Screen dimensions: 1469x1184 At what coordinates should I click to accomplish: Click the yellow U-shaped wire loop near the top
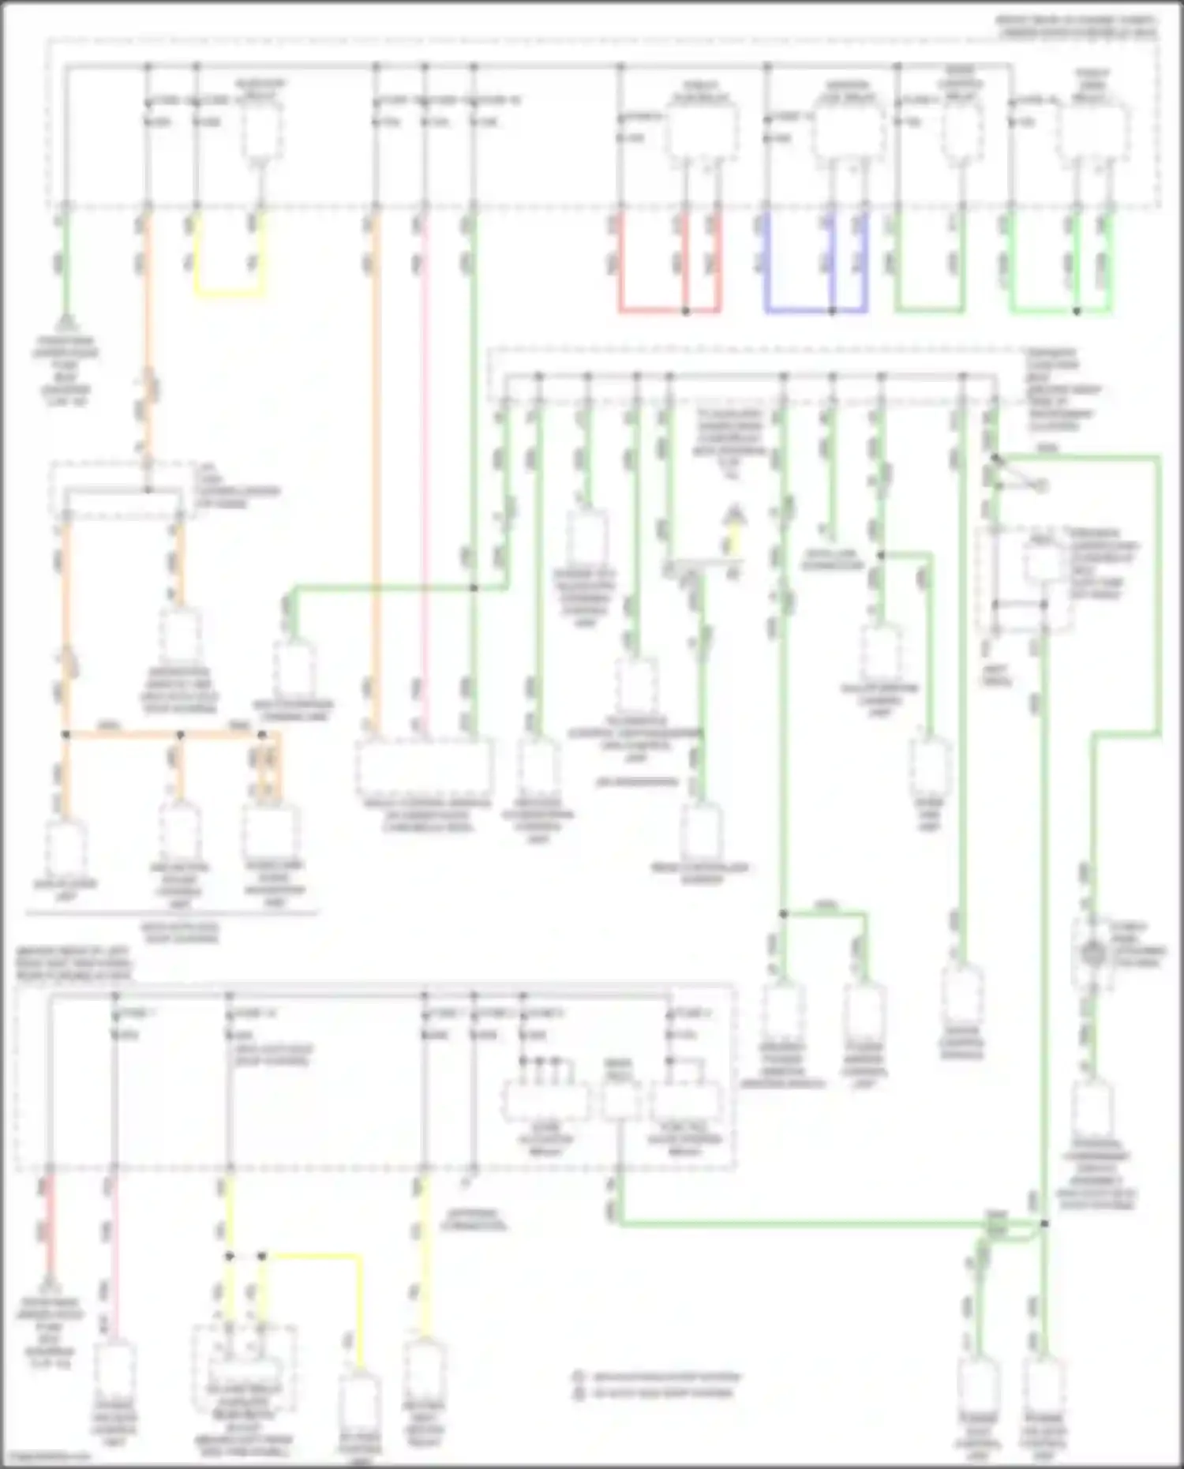pos(228,295)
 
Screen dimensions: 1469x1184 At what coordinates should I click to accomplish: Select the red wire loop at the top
pos(668,310)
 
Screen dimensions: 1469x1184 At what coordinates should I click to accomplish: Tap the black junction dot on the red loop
pos(685,311)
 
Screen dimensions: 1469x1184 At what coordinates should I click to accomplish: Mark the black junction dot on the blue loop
pos(832,311)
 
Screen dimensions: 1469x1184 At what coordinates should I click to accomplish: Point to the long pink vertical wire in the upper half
pos(425,474)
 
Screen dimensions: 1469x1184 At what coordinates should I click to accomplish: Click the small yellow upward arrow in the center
pos(734,517)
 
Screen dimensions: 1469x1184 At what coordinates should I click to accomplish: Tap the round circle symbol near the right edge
pos(1092,954)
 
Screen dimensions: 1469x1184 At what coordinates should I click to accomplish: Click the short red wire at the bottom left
pos(49,1216)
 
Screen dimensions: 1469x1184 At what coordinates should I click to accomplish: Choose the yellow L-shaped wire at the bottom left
pos(316,1257)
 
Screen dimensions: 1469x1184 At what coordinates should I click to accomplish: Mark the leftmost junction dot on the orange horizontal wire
pos(66,735)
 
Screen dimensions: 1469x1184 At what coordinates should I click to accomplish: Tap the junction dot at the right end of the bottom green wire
pos(1043,1224)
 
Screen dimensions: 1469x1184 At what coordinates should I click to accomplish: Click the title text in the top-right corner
pos(1077,26)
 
